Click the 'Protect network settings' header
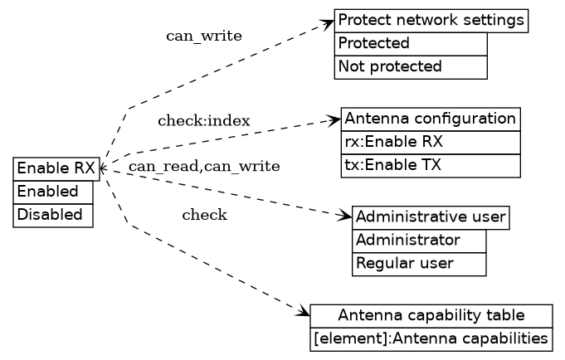pos(431,21)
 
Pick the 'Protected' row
pos(410,43)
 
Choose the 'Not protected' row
pos(410,66)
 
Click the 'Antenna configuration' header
pos(430,119)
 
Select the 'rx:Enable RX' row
pos(430,142)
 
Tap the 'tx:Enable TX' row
pos(430,165)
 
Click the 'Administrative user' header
pos(430,217)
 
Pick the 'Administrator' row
pos(419,241)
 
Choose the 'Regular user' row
pos(419,264)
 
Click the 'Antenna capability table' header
pos(431,315)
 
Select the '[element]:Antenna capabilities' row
pos(431,338)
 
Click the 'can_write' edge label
pos(204,36)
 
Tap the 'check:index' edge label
pos(203,121)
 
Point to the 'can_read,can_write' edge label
pos(203,167)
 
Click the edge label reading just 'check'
pos(204,216)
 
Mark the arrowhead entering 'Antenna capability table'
pos(304,313)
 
